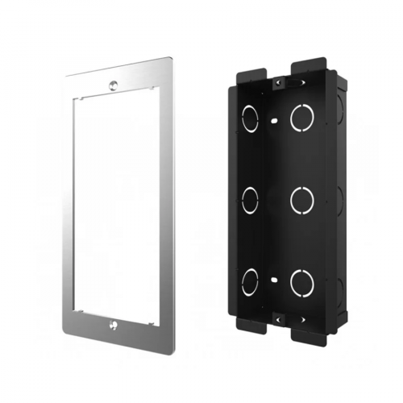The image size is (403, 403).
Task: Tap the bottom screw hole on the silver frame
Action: tap(113, 325)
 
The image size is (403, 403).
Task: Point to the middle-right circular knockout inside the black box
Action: tap(301, 199)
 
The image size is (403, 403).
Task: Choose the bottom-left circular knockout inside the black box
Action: tap(250, 280)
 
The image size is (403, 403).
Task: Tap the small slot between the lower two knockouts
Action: tap(275, 281)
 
